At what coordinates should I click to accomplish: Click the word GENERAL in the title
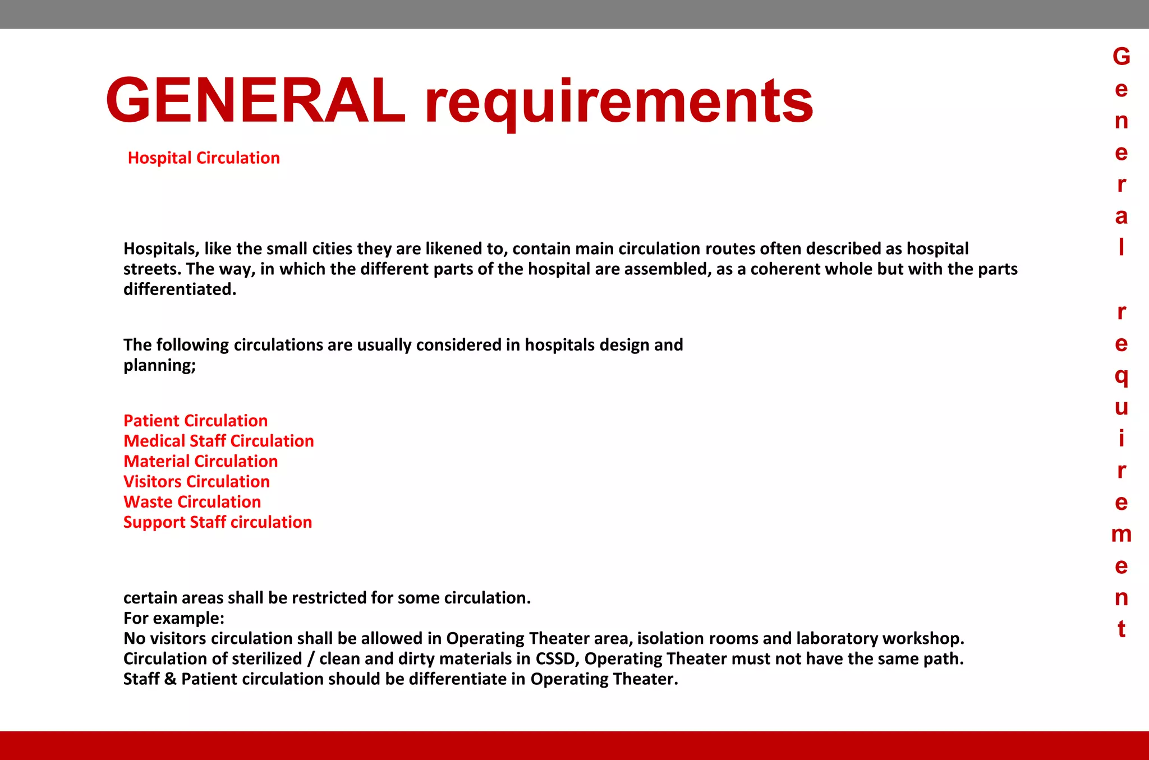coord(255,101)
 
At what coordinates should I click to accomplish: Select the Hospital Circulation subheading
coord(204,158)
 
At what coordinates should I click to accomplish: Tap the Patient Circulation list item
coord(195,421)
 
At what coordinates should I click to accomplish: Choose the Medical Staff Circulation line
coord(218,441)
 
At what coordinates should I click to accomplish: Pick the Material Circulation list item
coord(200,461)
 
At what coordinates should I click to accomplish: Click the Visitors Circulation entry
coord(196,481)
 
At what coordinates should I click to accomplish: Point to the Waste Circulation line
coord(192,501)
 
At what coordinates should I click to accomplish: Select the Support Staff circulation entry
coord(217,522)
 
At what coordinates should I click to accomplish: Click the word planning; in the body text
coord(159,366)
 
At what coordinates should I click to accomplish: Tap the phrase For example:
coord(173,618)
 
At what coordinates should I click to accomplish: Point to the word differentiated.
coord(180,289)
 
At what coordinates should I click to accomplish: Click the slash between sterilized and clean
coord(311,658)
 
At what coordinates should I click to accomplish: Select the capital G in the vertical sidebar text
coord(1121,57)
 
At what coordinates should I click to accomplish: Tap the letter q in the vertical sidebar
coord(1121,376)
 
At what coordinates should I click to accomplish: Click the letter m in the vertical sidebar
coord(1121,534)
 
